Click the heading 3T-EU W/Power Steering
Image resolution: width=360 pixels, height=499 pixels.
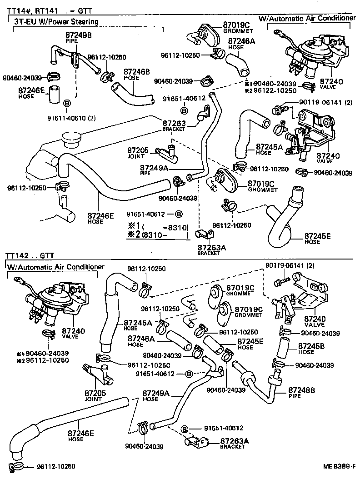coord(55,21)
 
